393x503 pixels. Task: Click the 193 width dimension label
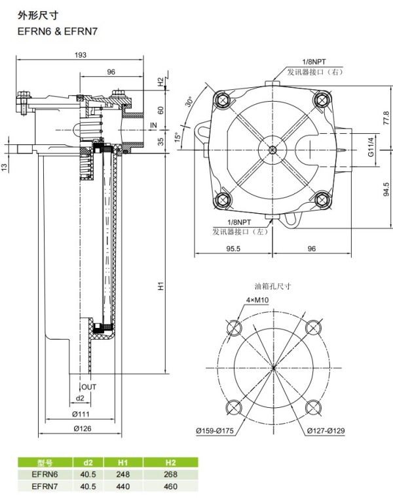(81, 55)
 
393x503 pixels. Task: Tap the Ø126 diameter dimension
(82, 428)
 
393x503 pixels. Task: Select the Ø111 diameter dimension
(81, 414)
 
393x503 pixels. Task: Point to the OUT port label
(88, 387)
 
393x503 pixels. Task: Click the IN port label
(154, 125)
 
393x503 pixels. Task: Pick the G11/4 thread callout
(371, 147)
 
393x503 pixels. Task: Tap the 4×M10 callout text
(257, 300)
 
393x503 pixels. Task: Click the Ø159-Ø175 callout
(215, 430)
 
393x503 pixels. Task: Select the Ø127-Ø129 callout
(326, 430)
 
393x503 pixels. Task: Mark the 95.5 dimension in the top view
(233, 249)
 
